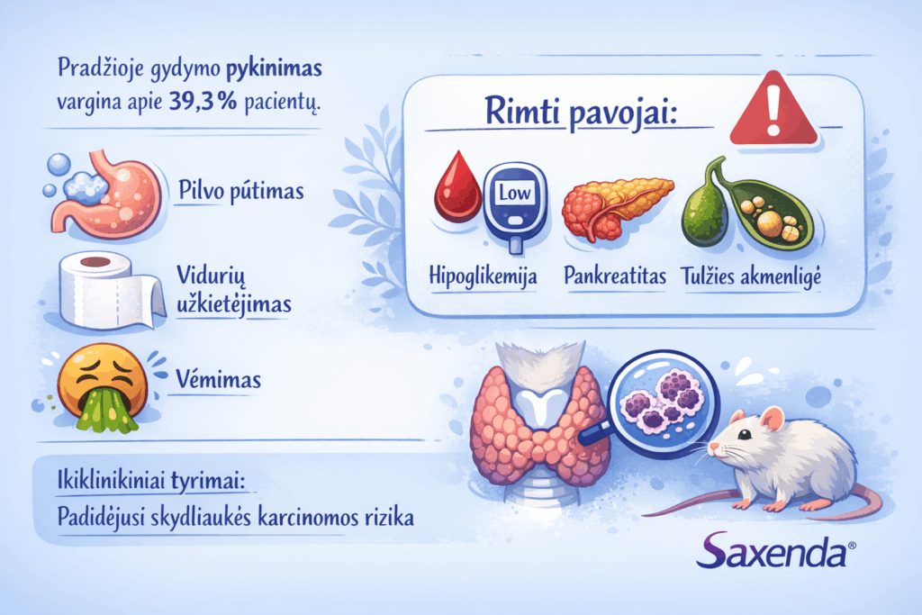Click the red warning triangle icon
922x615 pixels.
point(773,113)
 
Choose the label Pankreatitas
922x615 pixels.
point(615,276)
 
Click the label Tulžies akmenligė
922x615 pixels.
point(752,276)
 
